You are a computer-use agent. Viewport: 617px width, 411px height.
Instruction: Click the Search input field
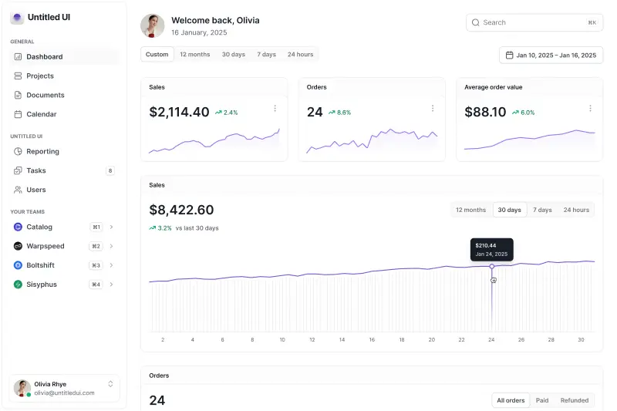pyautogui.click(x=532, y=22)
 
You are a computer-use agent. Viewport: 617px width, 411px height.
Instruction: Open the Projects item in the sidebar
pyautogui.click(x=40, y=76)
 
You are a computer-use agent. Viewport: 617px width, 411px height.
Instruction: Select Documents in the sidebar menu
pyautogui.click(x=45, y=95)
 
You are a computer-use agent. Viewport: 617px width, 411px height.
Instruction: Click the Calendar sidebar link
pyautogui.click(x=41, y=114)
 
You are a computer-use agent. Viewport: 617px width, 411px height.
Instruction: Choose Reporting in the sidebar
pyautogui.click(x=42, y=151)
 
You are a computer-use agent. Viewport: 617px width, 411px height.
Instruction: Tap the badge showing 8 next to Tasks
pyautogui.click(x=110, y=170)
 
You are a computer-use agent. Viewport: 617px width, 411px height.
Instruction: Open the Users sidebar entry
pyautogui.click(x=35, y=190)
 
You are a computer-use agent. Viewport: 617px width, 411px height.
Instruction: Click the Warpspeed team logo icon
pyautogui.click(x=18, y=246)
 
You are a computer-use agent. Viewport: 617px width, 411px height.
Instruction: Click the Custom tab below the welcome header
pyautogui.click(x=157, y=54)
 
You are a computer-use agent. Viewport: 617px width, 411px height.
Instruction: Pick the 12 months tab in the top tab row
pyautogui.click(x=194, y=54)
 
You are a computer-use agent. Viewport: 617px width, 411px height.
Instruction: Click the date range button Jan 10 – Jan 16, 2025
pyautogui.click(x=551, y=55)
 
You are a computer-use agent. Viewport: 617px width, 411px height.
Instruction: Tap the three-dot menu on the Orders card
pyautogui.click(x=432, y=109)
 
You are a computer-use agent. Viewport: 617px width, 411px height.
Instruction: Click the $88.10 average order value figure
pyautogui.click(x=485, y=112)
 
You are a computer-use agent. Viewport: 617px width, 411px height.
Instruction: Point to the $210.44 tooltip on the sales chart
pyautogui.click(x=491, y=249)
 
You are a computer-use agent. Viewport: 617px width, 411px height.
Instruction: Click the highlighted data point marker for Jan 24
pyautogui.click(x=492, y=266)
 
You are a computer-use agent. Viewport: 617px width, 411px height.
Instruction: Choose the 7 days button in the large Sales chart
pyautogui.click(x=542, y=210)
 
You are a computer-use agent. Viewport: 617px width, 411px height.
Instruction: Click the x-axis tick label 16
pyautogui.click(x=372, y=339)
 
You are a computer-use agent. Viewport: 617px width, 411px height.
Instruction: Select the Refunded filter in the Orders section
pyautogui.click(x=574, y=400)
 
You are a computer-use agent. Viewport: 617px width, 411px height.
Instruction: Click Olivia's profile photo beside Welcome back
pyautogui.click(x=153, y=25)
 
